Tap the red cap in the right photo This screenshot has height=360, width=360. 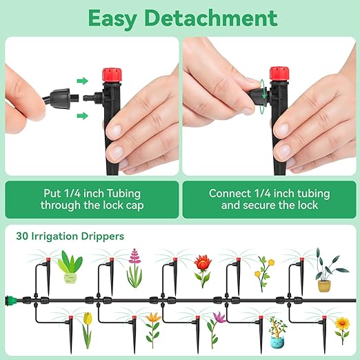(279, 74)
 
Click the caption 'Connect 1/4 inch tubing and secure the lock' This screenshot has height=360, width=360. (269, 199)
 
